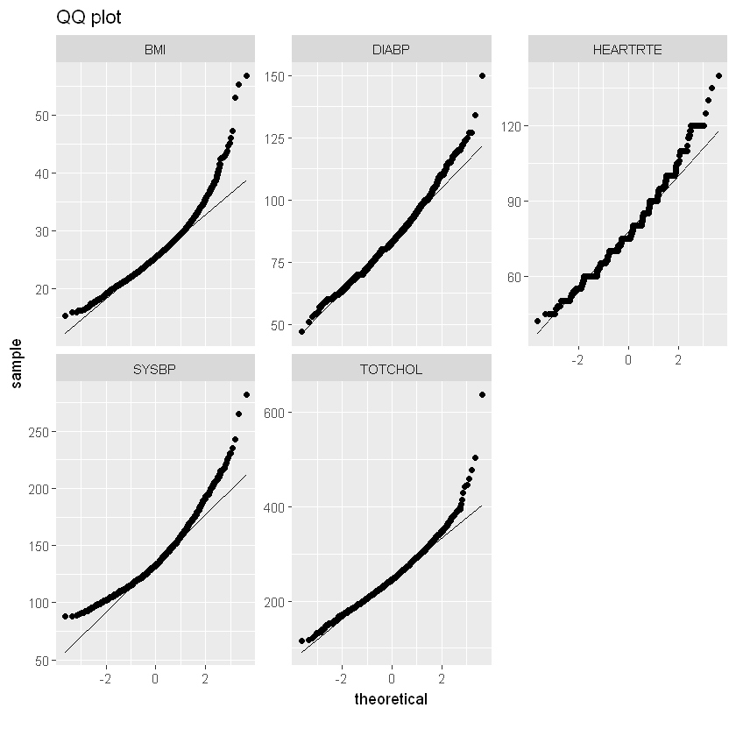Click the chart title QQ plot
click(x=88, y=17)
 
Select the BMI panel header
click(x=155, y=50)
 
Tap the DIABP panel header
click(x=391, y=50)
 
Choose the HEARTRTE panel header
click(x=627, y=50)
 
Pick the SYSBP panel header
click(x=155, y=369)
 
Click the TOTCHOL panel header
click(x=391, y=369)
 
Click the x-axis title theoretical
click(x=391, y=699)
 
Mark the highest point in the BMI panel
click(x=246, y=76)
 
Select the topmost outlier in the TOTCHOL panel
click(x=482, y=395)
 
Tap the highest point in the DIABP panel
click(x=482, y=76)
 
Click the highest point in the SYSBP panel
click(x=246, y=395)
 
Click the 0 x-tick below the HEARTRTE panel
click(x=627, y=360)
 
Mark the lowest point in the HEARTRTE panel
click(x=537, y=321)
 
